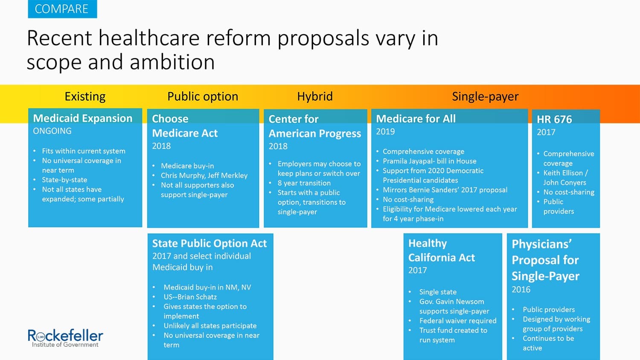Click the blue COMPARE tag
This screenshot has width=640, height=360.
tap(62, 9)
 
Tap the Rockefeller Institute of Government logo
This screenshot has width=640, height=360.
tap(65, 338)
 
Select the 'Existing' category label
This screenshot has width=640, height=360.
tap(85, 96)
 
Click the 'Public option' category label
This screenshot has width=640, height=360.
tap(203, 96)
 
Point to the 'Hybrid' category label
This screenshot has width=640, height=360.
tap(315, 96)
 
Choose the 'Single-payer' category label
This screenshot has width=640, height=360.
tap(485, 96)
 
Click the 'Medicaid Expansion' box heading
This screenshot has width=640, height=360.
tap(83, 118)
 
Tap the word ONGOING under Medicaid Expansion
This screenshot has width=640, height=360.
tap(52, 131)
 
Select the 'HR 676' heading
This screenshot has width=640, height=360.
tap(554, 119)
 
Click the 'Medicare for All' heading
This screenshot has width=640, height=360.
tap(416, 119)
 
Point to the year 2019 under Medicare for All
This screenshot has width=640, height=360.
tap(385, 131)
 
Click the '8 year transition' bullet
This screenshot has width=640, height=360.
tap(304, 183)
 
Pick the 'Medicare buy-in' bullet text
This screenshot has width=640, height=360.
tap(187, 166)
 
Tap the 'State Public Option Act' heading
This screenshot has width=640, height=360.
tap(209, 244)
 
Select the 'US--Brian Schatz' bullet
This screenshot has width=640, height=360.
tap(190, 297)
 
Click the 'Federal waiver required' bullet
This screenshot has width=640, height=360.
tap(458, 321)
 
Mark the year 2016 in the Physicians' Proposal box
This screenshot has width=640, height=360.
tap(521, 290)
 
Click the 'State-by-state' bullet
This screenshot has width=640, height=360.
tap(64, 180)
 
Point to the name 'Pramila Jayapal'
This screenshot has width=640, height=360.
tap(408, 161)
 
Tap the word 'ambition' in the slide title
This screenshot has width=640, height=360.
tap(172, 62)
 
